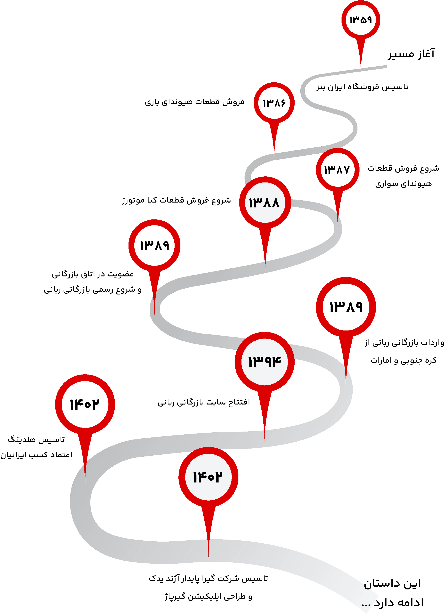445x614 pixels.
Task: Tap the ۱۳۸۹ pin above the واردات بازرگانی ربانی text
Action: (x=346, y=307)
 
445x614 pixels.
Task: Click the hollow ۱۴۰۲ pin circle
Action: (x=85, y=404)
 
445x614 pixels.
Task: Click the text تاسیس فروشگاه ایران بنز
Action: (x=362, y=87)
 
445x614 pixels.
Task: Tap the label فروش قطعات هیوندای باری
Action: (x=195, y=102)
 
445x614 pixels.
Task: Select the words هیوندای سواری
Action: (x=403, y=184)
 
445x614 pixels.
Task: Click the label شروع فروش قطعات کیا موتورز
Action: (x=176, y=200)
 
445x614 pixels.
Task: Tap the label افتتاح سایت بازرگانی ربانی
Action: (x=204, y=402)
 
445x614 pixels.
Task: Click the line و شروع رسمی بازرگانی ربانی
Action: (x=93, y=290)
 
